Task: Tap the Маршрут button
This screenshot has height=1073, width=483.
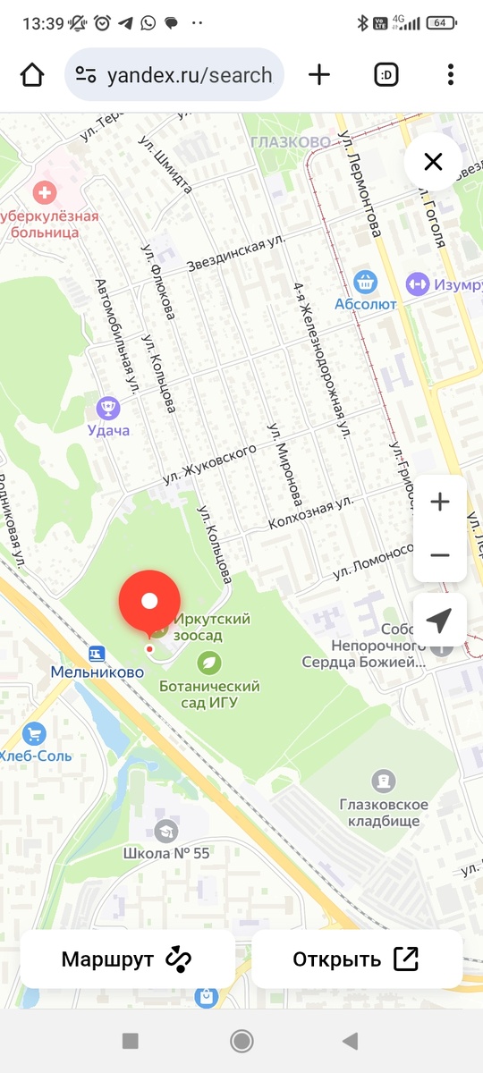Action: [x=127, y=959]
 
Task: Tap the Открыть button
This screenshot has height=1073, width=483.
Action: [x=356, y=959]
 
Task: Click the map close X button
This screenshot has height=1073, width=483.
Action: [x=433, y=162]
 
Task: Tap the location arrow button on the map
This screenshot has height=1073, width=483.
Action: [x=439, y=620]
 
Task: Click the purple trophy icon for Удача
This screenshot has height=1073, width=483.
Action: [x=108, y=409]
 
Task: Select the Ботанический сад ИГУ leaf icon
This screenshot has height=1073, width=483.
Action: [x=209, y=663]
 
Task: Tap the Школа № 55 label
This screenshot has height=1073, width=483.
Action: [x=166, y=853]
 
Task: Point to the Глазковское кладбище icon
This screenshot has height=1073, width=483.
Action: [x=384, y=781]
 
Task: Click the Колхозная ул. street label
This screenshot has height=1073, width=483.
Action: [x=312, y=515]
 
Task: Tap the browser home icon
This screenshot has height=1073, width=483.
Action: [x=32, y=75]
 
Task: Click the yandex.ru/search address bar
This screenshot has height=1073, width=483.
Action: [x=174, y=75]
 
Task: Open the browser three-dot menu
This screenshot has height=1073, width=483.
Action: [x=451, y=75]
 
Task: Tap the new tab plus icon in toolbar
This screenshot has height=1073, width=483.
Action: [x=319, y=75]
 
